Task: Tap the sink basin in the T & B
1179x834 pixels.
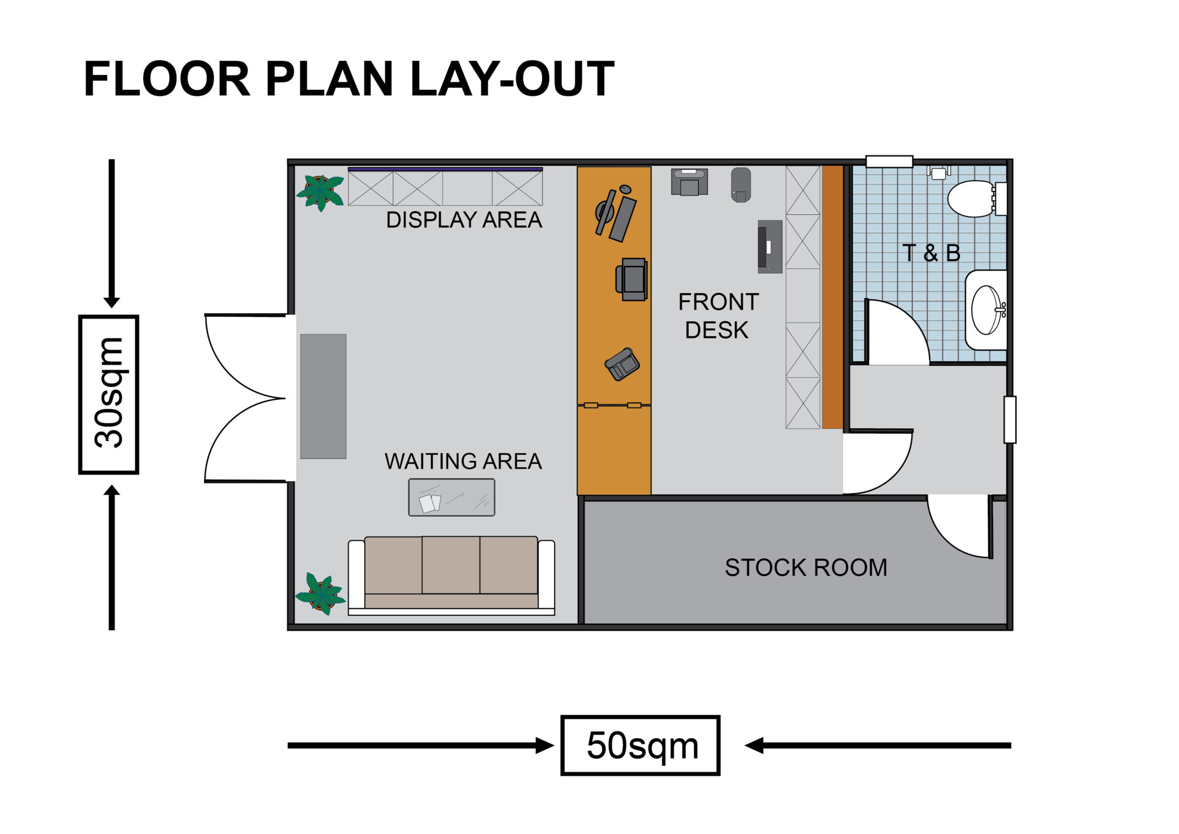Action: click(986, 310)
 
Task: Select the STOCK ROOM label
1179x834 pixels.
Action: click(806, 567)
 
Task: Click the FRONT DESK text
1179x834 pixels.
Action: click(717, 316)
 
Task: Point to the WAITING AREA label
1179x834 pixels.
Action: click(463, 461)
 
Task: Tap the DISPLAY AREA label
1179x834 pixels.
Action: click(464, 220)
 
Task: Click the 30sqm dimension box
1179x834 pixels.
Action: click(109, 394)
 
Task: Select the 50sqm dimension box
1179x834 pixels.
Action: click(640, 745)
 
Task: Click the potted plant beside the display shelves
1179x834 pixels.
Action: click(320, 191)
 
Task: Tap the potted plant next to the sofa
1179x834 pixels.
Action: click(321, 593)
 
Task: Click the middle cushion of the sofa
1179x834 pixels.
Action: click(451, 565)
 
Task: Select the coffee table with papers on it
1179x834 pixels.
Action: click(451, 497)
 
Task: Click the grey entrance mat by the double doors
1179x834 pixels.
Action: click(323, 396)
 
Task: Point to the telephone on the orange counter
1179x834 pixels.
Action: click(622, 364)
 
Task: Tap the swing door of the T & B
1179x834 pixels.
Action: click(897, 332)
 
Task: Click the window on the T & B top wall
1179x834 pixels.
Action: click(889, 162)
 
